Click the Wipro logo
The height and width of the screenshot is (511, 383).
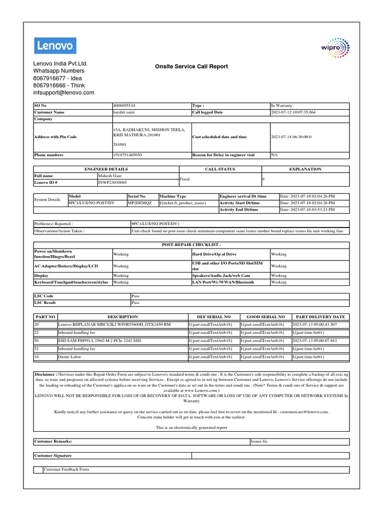tap(335, 48)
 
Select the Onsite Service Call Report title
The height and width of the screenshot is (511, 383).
tap(191, 66)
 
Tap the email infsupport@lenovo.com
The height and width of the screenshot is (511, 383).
tap(63, 93)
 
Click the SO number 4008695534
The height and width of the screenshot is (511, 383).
tap(124, 106)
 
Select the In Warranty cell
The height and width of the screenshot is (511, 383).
tap(282, 106)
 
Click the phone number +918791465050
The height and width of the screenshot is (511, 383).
tap(128, 155)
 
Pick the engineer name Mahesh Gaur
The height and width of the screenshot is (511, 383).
tap(110, 176)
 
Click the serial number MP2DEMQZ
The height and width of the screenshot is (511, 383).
tap(137, 203)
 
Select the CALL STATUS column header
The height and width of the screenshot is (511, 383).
tap(220, 169)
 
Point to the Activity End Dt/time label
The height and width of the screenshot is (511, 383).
tap(239, 210)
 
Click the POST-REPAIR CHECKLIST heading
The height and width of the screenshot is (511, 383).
tap(191, 246)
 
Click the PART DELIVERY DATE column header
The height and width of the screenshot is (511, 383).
tap(320, 317)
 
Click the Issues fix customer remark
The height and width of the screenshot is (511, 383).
tap(259, 442)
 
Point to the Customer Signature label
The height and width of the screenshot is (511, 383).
tap(53, 456)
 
